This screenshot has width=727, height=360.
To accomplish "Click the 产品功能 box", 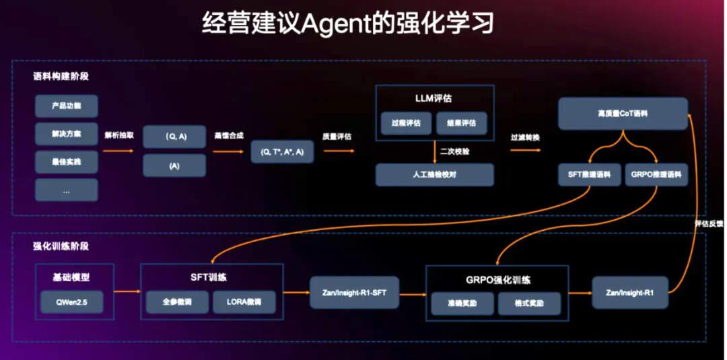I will click(66, 106).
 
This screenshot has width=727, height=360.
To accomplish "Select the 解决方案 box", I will click(66, 134).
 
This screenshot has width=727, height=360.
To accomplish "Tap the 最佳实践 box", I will click(66, 162).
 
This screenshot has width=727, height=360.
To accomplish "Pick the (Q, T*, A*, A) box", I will click(282, 152).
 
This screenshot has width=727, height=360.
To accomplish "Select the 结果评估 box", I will click(460, 122).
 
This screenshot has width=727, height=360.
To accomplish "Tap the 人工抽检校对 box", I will click(434, 175).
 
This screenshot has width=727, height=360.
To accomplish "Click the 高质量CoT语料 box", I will click(623, 114).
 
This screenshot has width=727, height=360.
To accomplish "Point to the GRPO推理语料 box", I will click(656, 175).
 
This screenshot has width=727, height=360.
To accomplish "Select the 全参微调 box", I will click(177, 302).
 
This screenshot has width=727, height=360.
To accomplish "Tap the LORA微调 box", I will click(244, 302).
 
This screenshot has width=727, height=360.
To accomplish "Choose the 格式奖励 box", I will click(529, 303).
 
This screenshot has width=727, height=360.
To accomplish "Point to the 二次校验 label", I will click(455, 151).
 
